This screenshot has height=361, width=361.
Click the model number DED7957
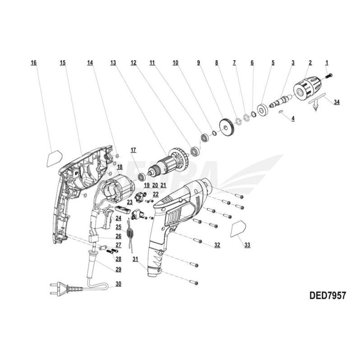[x=328, y=296]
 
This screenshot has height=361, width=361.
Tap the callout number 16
[x=33, y=63]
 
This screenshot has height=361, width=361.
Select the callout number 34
[x=337, y=102]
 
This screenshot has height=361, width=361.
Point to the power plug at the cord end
[x=62, y=289]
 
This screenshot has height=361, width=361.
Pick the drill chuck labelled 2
[x=307, y=88]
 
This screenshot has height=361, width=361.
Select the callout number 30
[x=118, y=284]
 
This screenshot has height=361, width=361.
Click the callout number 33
[x=247, y=245]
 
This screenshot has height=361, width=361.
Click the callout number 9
[x=199, y=63]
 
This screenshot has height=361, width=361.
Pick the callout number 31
[x=135, y=259]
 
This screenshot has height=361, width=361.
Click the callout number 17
[x=133, y=150]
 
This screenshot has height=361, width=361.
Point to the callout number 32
[x=217, y=245]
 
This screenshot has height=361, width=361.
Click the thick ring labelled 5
[x=262, y=110]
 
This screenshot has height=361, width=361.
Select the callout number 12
[x=133, y=63]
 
